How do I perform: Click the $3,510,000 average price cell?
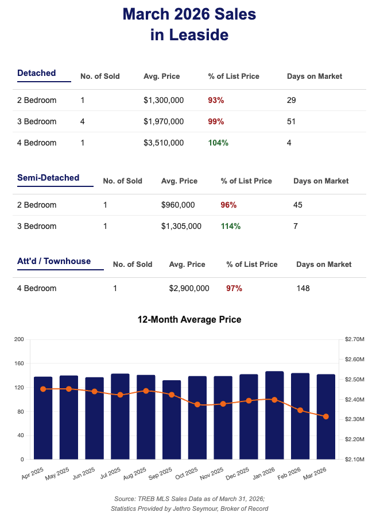pyautogui.click(x=164, y=143)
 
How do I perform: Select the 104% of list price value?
pyautogui.click(x=218, y=143)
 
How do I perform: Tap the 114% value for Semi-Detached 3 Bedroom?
pyautogui.click(x=231, y=226)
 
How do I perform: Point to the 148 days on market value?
pyautogui.click(x=303, y=288)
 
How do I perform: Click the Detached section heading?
pyautogui.click(x=37, y=73)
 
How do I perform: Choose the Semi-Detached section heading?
pyautogui.click(x=48, y=178)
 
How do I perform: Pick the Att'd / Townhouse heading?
pyautogui.click(x=54, y=261)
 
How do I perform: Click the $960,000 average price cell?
pyautogui.click(x=178, y=205)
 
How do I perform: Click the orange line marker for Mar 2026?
pyautogui.click(x=326, y=416)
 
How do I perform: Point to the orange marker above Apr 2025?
pyautogui.click(x=43, y=389)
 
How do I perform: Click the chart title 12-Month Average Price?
pyautogui.click(x=189, y=319)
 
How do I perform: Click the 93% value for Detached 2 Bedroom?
pyautogui.click(x=216, y=100)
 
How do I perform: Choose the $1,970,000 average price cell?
pyautogui.click(x=164, y=121)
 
